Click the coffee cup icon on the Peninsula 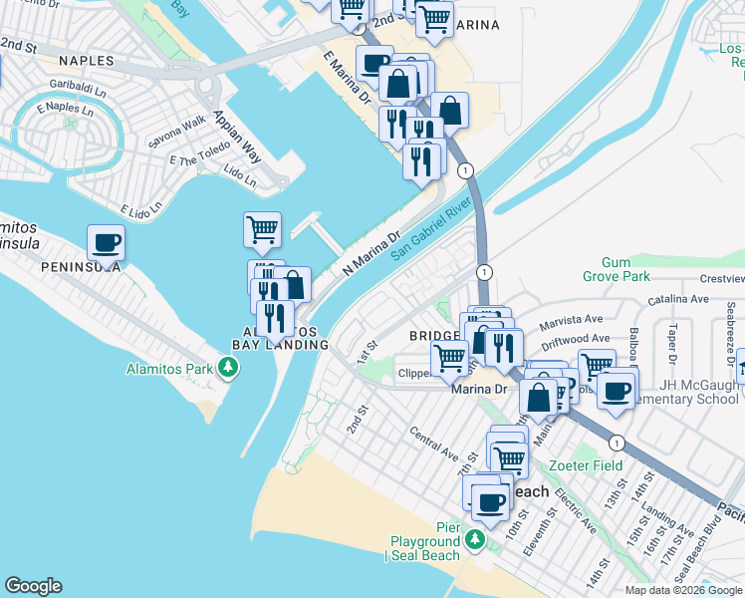pyautogui.click(x=107, y=242)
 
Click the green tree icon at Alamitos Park pyautogui.click(x=229, y=369)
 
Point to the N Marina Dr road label pyautogui.click(x=371, y=255)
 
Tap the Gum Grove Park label pyautogui.click(x=617, y=269)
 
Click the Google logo pyautogui.click(x=33, y=586)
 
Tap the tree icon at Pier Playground pyautogui.click(x=476, y=541)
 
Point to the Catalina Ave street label pyautogui.click(x=677, y=298)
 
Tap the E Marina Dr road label pyautogui.click(x=347, y=81)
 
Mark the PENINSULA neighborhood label pyautogui.click(x=81, y=267)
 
